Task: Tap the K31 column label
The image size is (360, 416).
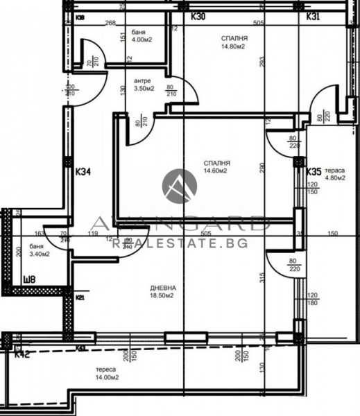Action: click(313, 16)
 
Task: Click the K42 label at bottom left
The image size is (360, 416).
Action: click(23, 354)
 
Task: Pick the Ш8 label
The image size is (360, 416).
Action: click(29, 281)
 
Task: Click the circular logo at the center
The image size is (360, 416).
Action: click(180, 186)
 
